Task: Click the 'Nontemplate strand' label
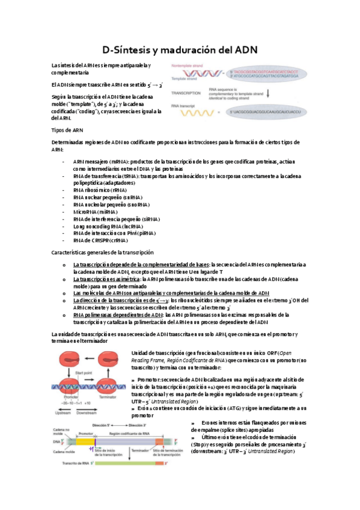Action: (188, 64)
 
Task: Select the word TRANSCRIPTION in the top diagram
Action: (187, 94)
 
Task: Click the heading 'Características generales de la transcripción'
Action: (103, 253)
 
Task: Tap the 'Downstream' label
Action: (85, 414)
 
